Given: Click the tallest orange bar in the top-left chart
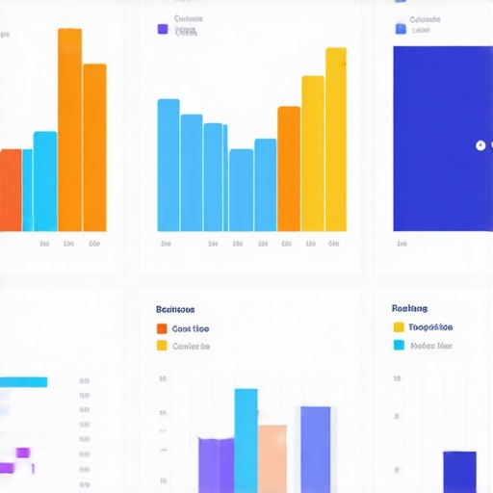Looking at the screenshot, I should click(69, 130).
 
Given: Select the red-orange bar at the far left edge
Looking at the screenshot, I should click(10, 190).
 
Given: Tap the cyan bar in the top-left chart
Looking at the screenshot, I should click(45, 181).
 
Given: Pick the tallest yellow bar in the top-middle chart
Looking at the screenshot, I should click(335, 140).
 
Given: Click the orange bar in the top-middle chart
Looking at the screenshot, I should click(289, 169).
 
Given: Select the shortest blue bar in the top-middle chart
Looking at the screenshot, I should click(241, 190).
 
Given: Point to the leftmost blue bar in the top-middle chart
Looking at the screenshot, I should click(169, 165).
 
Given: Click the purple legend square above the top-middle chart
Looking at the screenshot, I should click(163, 29).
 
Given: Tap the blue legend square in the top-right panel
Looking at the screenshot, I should click(401, 29).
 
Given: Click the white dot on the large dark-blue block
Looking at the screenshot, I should click(480, 145).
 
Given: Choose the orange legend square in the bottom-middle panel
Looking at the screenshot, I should click(162, 328).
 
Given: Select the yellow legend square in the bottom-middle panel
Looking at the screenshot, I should click(162, 346).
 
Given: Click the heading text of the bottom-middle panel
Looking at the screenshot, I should click(175, 310).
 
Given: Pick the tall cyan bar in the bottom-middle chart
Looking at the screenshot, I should click(246, 440).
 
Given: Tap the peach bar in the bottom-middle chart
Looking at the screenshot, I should click(272, 458).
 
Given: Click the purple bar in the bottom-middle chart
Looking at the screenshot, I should click(215, 464).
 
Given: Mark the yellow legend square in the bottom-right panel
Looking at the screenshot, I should click(399, 327).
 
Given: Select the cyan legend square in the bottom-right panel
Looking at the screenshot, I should click(399, 345).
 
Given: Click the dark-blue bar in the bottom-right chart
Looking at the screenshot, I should click(459, 472).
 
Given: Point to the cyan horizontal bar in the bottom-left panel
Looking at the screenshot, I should click(23, 382).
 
